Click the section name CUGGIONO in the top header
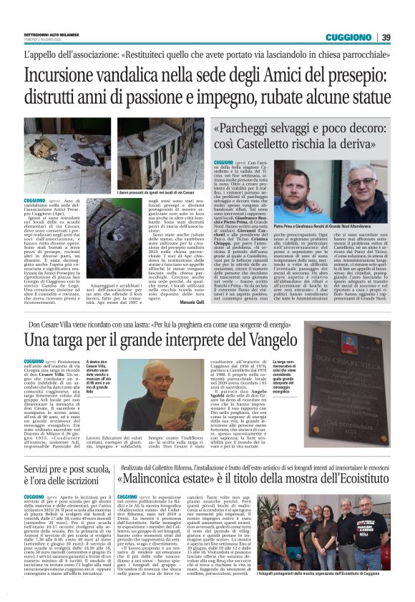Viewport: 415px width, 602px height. pyautogui.click(x=348, y=37)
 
